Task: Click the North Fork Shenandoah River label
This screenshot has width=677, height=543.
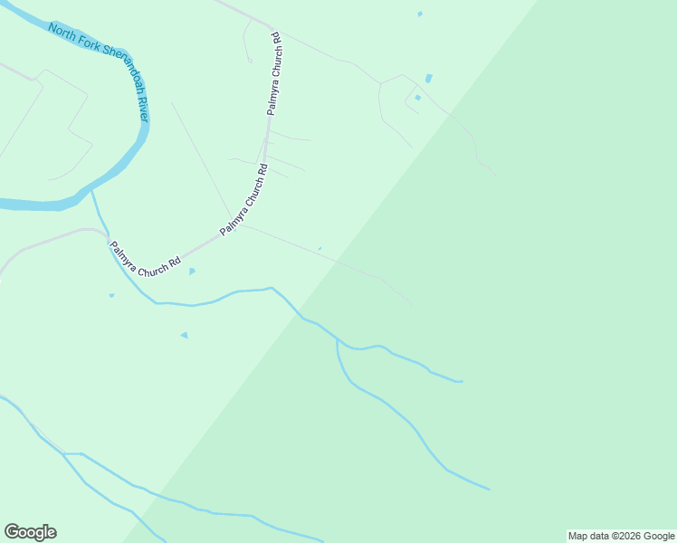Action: click(x=100, y=63)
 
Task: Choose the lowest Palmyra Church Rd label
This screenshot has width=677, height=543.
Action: click(x=145, y=259)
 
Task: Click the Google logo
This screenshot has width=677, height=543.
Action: click(x=30, y=532)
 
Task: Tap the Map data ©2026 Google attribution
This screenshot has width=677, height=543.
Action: click(x=621, y=536)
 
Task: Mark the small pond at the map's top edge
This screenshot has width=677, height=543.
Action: click(x=420, y=14)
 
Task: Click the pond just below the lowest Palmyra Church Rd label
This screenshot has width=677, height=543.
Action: click(x=192, y=271)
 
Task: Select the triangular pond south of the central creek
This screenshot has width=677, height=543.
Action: click(x=185, y=335)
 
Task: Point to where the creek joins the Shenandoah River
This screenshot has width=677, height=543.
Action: click(x=92, y=191)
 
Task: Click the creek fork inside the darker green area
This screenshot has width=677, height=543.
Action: click(x=337, y=341)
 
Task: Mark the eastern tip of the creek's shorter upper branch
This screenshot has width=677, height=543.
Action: click(x=462, y=381)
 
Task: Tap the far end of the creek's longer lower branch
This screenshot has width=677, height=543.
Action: click(x=490, y=489)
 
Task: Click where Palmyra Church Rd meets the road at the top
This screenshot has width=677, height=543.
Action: click(x=272, y=24)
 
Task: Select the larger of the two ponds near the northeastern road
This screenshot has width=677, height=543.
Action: click(x=428, y=79)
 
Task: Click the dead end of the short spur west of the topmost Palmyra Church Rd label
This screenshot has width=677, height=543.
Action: click(x=250, y=62)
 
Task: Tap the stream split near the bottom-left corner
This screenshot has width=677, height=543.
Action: click(x=63, y=453)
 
